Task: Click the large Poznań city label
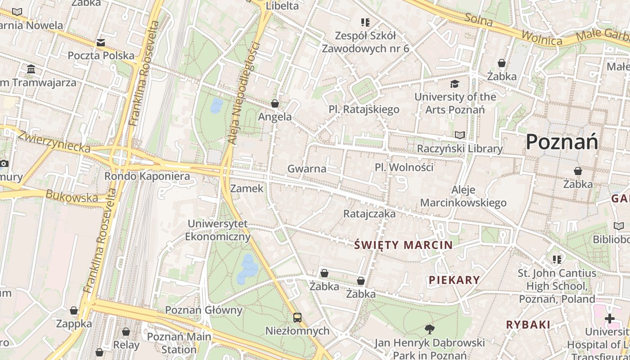tap(562, 142)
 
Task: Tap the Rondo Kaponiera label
tap(147, 176)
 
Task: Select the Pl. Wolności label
tap(404, 167)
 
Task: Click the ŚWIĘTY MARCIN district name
tap(403, 245)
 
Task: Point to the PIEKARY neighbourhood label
tap(454, 280)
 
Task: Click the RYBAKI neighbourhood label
tap(528, 324)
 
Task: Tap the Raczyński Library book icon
tap(459, 135)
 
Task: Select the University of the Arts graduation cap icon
tap(455, 84)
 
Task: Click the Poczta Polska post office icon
tap(101, 43)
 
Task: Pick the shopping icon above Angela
tap(275, 103)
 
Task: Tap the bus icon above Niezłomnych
tap(297, 318)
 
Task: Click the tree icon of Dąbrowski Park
tap(430, 329)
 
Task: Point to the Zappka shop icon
tap(74, 310)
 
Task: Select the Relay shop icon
tap(126, 332)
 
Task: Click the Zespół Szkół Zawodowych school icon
tap(365, 22)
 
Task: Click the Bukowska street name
tap(72, 197)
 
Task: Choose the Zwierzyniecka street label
tap(54, 141)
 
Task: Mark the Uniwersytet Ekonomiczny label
tap(218, 229)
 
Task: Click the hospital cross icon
tap(610, 319)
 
